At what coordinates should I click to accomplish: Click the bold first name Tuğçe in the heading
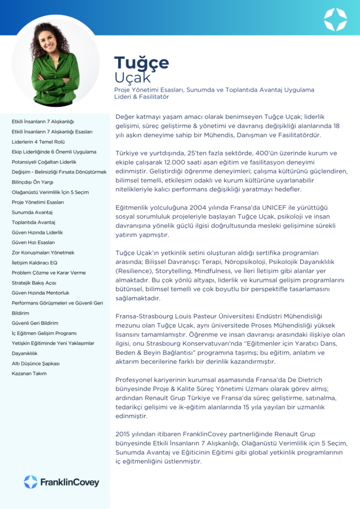click(x=141, y=63)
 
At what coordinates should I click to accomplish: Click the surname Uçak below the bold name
click(x=133, y=78)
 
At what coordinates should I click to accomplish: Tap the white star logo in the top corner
click(x=335, y=20)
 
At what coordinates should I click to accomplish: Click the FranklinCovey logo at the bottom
click(x=61, y=482)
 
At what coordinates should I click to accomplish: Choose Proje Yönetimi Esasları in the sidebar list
click(x=38, y=202)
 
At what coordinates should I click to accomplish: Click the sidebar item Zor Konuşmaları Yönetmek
click(x=43, y=252)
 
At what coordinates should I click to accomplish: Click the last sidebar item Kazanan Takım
click(x=29, y=373)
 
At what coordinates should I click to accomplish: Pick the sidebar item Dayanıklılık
click(x=25, y=353)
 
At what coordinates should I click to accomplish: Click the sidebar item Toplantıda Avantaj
click(x=33, y=222)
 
